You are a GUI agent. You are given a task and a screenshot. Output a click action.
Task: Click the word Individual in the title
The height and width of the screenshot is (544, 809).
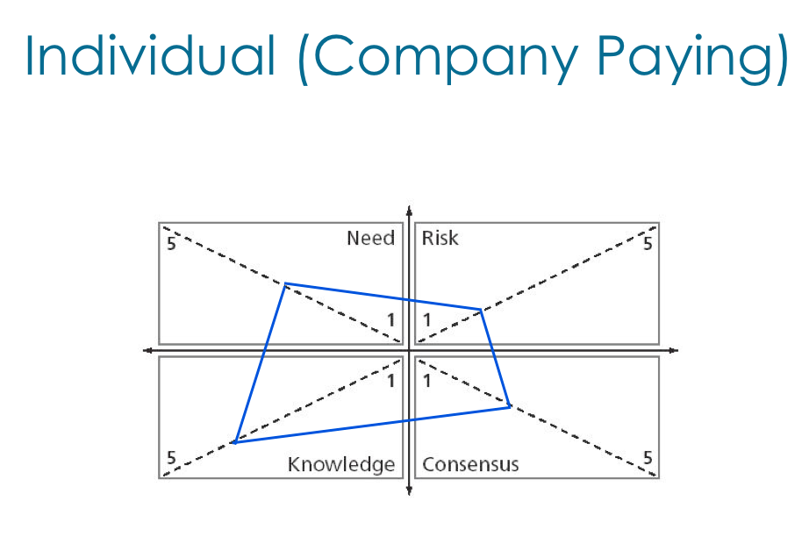click(x=149, y=56)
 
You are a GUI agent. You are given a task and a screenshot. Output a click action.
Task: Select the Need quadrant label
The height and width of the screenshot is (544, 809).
click(x=370, y=239)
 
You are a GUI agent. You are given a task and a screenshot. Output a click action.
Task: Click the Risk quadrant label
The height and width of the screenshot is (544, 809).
click(x=440, y=239)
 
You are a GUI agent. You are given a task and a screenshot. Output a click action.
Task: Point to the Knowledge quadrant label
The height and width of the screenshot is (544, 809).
click(x=341, y=465)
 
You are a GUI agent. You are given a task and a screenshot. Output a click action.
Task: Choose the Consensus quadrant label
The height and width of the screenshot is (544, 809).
click(x=470, y=465)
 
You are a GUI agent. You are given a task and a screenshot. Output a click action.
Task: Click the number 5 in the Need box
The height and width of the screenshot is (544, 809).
click(x=171, y=243)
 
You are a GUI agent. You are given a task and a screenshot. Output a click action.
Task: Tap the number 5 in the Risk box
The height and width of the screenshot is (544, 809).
click(x=648, y=243)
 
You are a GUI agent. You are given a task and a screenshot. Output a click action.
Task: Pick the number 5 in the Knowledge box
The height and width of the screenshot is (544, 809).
click(x=171, y=458)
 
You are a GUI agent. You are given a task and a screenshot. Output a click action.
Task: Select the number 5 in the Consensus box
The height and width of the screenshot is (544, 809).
click(x=648, y=458)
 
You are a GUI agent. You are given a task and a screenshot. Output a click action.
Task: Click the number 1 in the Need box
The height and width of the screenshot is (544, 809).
click(x=391, y=320)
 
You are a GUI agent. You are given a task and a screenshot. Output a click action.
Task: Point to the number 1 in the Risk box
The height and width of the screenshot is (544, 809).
click(x=427, y=320)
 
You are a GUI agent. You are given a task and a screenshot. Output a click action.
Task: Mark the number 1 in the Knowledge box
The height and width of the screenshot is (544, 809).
click(x=391, y=381)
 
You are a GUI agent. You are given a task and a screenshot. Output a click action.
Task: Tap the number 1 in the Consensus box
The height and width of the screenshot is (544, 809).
click(x=427, y=381)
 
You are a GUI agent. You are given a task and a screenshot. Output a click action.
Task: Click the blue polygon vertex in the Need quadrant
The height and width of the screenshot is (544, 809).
click(x=285, y=283)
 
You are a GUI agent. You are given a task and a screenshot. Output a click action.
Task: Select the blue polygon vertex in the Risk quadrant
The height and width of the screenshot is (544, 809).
click(x=481, y=310)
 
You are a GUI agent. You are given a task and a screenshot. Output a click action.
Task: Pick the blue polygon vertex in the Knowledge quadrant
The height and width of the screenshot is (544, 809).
click(x=233, y=442)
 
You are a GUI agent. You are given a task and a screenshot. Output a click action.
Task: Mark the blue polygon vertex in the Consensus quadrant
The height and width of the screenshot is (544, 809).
click(x=510, y=406)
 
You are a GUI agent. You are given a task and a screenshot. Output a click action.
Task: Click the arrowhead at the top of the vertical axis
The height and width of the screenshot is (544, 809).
click(x=409, y=211)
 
